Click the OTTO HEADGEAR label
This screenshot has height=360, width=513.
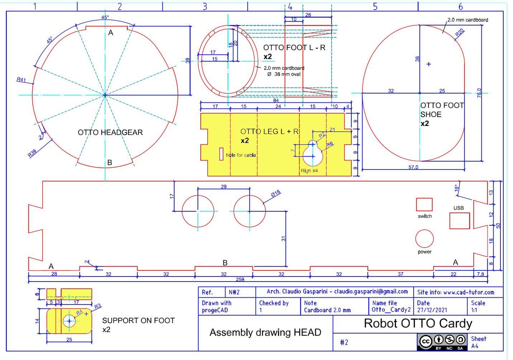[x=110, y=132]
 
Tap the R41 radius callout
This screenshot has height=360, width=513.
[x=21, y=80]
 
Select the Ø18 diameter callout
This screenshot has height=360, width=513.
[x=276, y=193]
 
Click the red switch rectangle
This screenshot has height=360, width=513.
[x=424, y=205]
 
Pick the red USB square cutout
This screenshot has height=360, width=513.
[x=460, y=221]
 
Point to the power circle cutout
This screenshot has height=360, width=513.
[x=424, y=239]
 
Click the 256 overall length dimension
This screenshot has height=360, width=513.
[x=240, y=279]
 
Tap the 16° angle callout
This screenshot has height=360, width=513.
[x=457, y=188]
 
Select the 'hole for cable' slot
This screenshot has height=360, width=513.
[x=221, y=154]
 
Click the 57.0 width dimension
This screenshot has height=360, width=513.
[x=413, y=167]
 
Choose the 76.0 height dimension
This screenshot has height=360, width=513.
[x=479, y=93]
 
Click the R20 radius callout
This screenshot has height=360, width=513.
[x=460, y=33]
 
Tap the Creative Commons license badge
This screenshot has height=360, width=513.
[x=442, y=342]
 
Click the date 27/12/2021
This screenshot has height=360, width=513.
[x=432, y=310]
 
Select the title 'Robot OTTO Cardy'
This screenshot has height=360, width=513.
[x=418, y=323]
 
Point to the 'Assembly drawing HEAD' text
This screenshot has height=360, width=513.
[x=265, y=332]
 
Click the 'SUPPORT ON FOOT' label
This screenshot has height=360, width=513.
[x=138, y=320]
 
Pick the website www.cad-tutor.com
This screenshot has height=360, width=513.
[x=469, y=292]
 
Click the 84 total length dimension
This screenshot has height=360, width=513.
[x=276, y=100]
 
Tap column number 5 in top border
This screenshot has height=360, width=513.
[x=375, y=6]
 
